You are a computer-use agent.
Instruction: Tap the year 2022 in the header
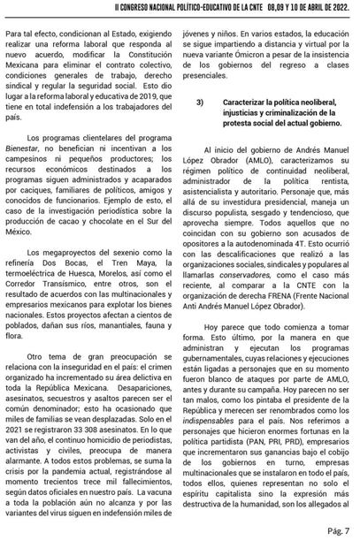pos(341,6)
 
